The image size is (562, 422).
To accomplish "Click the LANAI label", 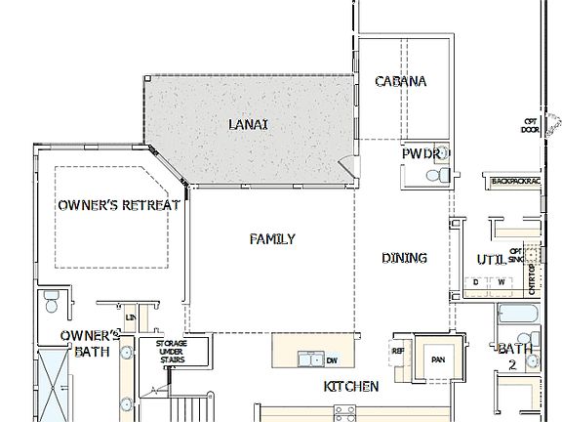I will pos(248,125).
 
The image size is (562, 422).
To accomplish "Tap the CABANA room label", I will pos(401,82).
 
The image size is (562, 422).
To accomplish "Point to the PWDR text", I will pos(422,154).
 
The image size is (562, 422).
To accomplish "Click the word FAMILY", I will pos(272,239).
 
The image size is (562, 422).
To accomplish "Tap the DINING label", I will pos(404,258).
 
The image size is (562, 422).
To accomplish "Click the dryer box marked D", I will pos(477,283).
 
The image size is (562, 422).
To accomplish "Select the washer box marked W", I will pos(502,283).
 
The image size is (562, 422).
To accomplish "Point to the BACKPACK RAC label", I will pos(514,182).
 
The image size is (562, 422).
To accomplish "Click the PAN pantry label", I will pos(438,359).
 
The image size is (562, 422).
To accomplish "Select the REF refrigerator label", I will pos(398,351).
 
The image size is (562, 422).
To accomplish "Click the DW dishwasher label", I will pos(332,359).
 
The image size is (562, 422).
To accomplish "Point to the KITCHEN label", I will pos(350,388).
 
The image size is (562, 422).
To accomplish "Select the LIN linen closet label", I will pos(130,317).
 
